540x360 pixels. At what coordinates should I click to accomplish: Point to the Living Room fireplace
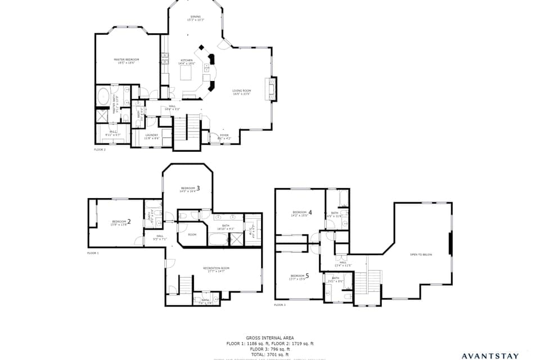[273, 89]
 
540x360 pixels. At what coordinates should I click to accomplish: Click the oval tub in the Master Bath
[103, 97]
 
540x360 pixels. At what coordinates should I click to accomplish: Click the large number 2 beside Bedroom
[129, 222]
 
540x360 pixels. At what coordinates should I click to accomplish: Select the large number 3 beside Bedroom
[198, 188]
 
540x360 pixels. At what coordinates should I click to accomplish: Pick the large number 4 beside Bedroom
[310, 213]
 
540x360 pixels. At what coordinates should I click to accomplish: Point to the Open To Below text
[421, 255]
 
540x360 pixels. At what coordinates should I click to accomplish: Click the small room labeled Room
[192, 235]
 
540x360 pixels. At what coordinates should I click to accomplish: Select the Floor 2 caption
[100, 150]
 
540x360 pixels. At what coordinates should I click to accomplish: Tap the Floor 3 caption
[280, 305]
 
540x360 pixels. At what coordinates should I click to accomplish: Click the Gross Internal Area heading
[269, 338]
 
